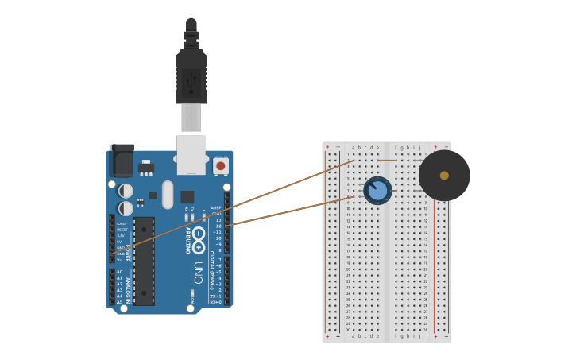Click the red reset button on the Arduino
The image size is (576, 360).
(220, 166)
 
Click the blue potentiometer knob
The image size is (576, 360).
(377, 191)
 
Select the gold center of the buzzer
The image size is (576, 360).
(444, 176)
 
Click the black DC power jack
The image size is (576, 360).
(122, 161)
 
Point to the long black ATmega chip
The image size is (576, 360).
(144, 261)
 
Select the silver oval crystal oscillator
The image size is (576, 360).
(168, 195)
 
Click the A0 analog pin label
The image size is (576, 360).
(120, 272)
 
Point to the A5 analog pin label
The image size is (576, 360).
(120, 302)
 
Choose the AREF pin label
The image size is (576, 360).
(216, 207)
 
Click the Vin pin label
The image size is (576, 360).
(121, 260)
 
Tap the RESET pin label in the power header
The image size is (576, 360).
(122, 230)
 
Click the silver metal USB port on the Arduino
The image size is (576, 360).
(191, 154)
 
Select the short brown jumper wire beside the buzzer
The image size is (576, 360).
(387, 160)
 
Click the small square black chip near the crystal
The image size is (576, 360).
(187, 197)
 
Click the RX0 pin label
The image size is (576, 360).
(215, 303)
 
